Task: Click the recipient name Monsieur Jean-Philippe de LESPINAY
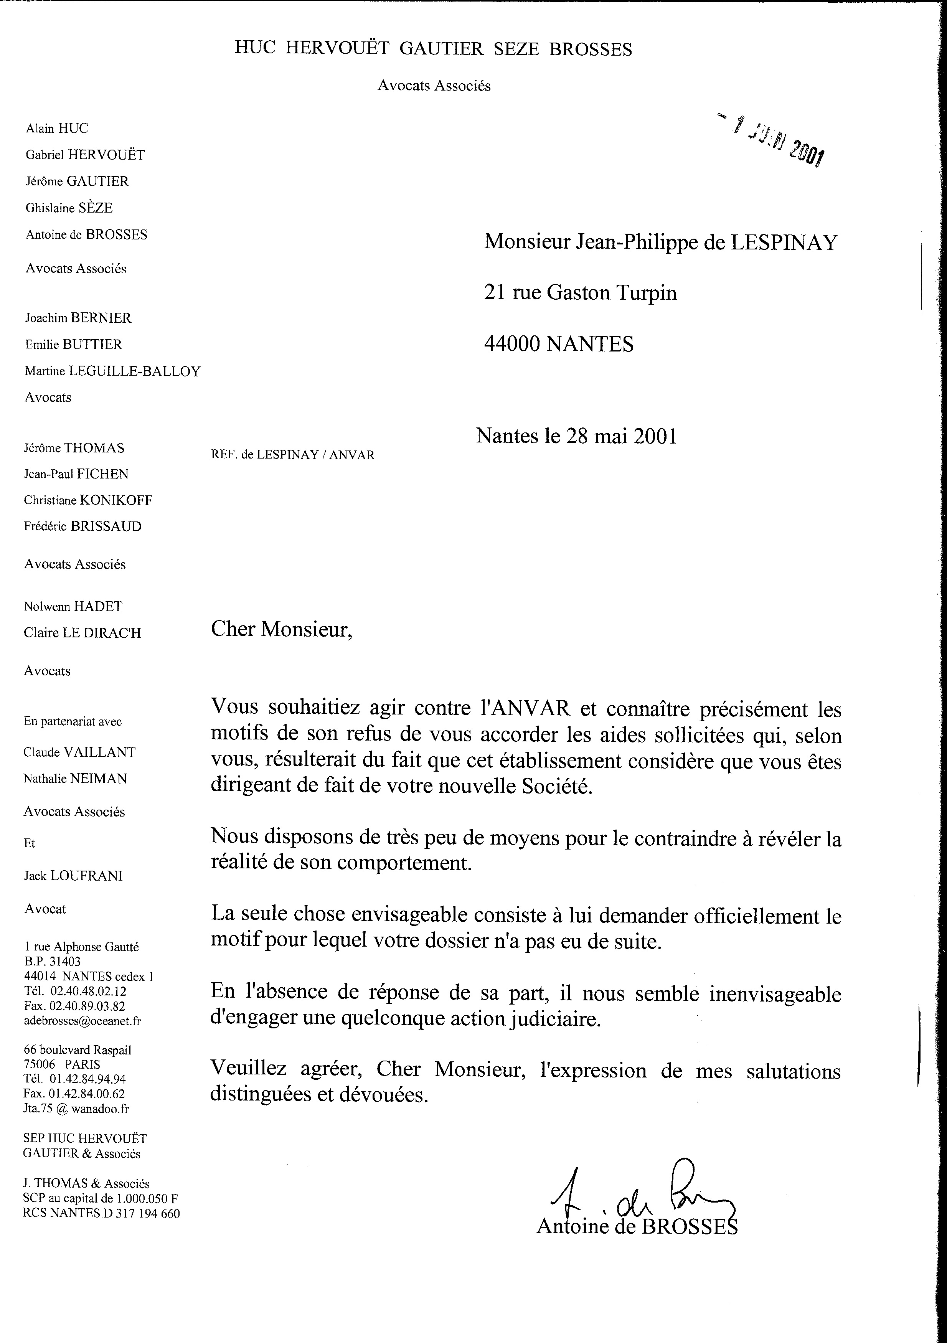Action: (x=661, y=242)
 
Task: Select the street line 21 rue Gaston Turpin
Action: (x=580, y=292)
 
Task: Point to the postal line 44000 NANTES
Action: (x=559, y=343)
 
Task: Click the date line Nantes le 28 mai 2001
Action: (x=576, y=436)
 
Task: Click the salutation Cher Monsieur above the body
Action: (x=281, y=629)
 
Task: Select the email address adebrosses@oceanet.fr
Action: (x=82, y=1021)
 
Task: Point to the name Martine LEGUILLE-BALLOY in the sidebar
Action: (x=112, y=371)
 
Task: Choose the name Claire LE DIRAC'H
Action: (x=82, y=633)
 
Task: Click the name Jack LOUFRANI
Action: (x=73, y=876)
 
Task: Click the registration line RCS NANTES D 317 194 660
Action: (x=101, y=1213)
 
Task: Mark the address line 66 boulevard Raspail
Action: (x=78, y=1050)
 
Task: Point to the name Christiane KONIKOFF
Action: (x=88, y=500)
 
